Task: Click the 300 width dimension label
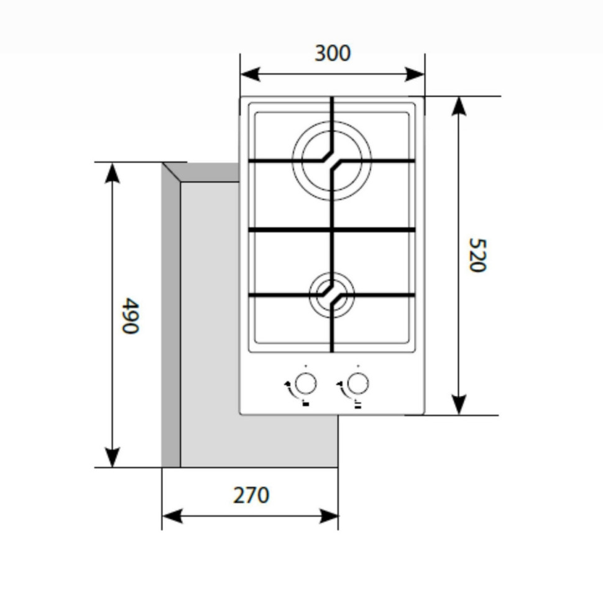pos(332,53)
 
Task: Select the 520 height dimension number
pos(476,255)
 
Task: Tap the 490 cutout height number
pos(129,315)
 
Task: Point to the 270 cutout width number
pos(251,495)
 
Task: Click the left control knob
pos(305,384)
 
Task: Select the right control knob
pos(357,384)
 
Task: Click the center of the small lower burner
pos(332,294)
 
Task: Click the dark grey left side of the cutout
pos(171,323)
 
